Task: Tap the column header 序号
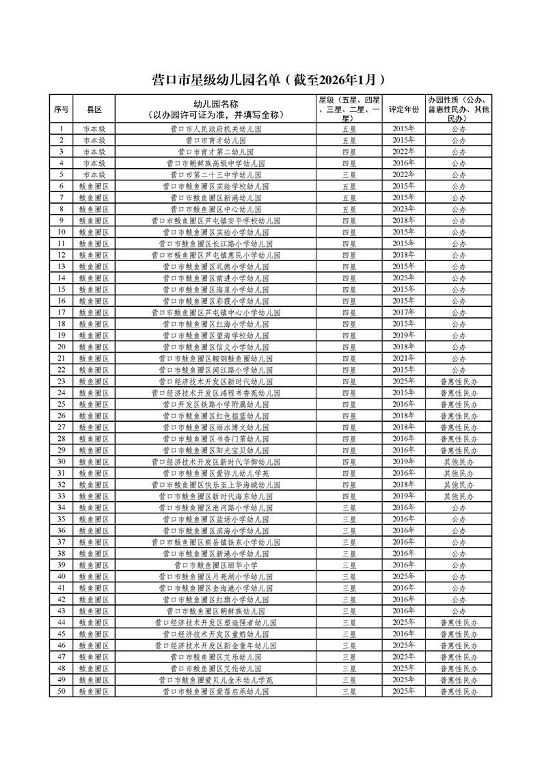pos(62,109)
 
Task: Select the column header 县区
pos(94,109)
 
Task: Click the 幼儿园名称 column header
pos(215,109)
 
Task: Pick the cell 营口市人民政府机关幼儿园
pos(215,129)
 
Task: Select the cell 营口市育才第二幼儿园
pos(215,152)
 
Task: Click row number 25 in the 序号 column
pos(62,404)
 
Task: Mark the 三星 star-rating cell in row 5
pos(349,174)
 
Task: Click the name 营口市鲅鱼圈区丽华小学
pos(215,565)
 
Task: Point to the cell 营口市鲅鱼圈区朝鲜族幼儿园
pos(215,610)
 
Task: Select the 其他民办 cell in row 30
pos(459,461)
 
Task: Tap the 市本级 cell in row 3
pos(94,152)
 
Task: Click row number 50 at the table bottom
pos(62,691)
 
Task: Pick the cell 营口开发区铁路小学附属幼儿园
pos(215,404)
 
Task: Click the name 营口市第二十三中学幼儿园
pos(215,174)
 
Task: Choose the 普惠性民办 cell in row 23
pos(459,381)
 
